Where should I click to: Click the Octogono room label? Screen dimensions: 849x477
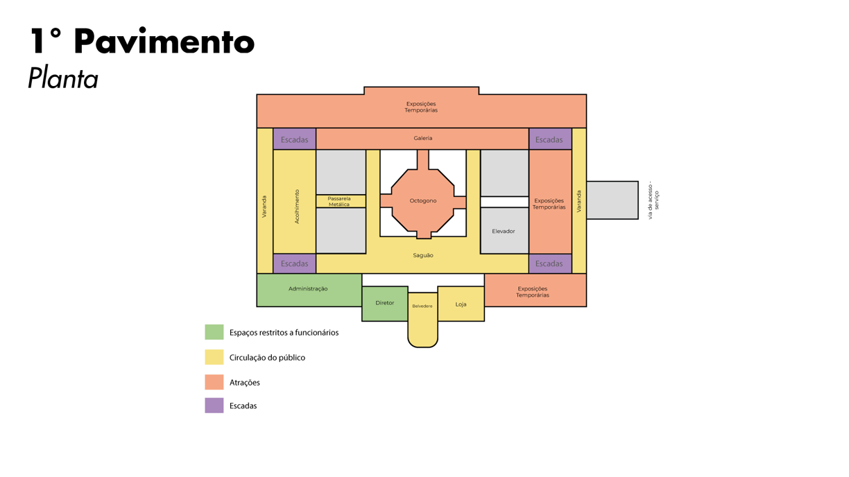pos(423,201)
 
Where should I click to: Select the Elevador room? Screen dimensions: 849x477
pos(504,231)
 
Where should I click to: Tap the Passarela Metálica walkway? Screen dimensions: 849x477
pos(340,202)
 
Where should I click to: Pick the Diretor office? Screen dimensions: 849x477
pos(385,303)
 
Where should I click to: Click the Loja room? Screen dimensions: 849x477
pos(461,304)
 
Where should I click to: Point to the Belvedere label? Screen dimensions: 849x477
pos(422,306)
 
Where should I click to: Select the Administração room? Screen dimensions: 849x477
pos(309,289)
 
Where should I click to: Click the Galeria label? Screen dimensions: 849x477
pos(423,139)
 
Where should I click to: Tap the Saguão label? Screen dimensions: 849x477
pos(423,256)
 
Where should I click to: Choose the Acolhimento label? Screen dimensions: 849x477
pos(298,207)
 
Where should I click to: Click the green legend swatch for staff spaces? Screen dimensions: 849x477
pos(214,332)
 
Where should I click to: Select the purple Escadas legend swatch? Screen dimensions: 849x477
pos(214,406)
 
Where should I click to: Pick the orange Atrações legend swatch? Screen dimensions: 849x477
pos(214,382)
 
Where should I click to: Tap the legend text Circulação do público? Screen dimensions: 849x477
pos(267,358)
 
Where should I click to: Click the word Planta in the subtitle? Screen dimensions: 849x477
pos(63,79)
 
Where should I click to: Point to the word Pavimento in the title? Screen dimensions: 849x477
pos(164,42)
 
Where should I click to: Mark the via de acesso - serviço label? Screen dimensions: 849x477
pos(653,201)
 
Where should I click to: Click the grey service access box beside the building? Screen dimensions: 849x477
pos(612,200)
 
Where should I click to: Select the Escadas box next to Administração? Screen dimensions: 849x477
pos(295,263)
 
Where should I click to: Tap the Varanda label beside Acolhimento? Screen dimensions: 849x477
pos(264,207)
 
